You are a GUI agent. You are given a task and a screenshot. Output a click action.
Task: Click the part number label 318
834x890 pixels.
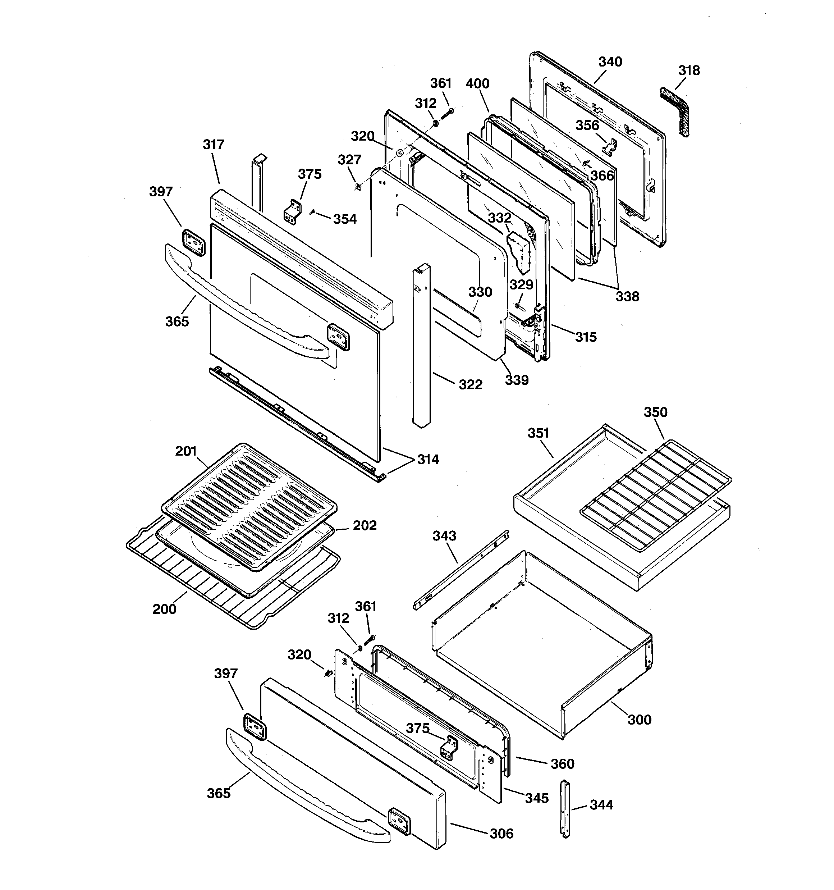pos(688,70)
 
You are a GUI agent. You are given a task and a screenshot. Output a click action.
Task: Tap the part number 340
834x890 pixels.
pos(610,62)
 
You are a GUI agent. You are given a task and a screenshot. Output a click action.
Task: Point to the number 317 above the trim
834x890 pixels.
pos(214,144)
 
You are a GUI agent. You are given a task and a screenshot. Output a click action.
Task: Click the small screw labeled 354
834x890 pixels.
pos(313,211)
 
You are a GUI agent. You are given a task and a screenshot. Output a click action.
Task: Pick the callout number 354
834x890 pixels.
pos(345,219)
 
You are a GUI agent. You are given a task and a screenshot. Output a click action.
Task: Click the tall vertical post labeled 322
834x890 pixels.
pos(421,345)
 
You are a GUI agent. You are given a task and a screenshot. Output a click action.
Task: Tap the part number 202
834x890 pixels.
pos(365,525)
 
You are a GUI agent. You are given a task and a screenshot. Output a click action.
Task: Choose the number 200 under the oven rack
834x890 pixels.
pos(164,609)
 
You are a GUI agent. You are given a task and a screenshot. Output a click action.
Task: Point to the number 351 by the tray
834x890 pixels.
pos(538,433)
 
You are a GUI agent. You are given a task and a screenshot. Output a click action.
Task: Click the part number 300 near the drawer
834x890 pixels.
pos(639,720)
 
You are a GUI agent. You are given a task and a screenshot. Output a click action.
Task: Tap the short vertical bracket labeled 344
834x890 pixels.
pos(565,808)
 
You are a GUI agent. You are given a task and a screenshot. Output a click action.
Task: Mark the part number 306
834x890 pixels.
pos(501,833)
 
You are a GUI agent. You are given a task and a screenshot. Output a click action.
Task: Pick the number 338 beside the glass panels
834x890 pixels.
pos(627,296)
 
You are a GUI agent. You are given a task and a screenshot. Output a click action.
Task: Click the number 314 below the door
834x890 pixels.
pos(428,459)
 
